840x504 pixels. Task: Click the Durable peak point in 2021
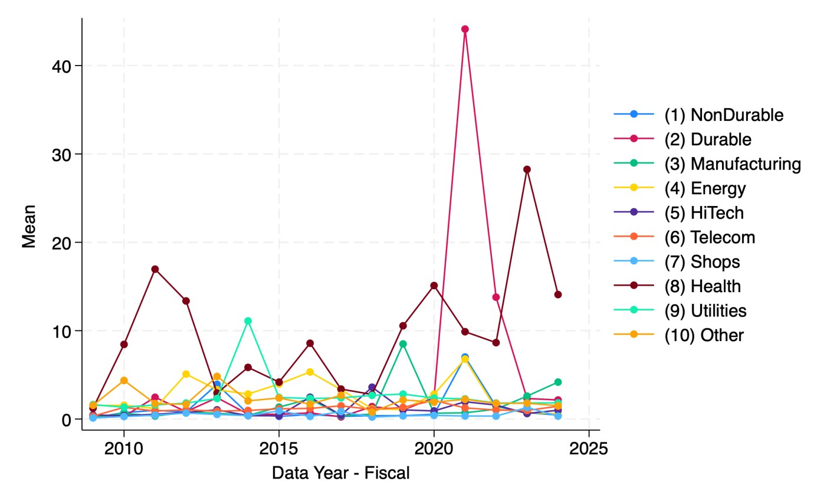[x=465, y=29]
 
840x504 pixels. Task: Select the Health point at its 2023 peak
[x=527, y=169]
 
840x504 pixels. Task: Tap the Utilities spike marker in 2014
[x=248, y=321]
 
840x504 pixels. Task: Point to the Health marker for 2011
[x=155, y=269]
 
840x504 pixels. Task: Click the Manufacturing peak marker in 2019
[x=403, y=344]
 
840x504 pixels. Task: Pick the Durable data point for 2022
[x=496, y=297]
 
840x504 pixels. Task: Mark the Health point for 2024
[x=557, y=294]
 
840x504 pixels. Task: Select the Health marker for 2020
[x=434, y=286]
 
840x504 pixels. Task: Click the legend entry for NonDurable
[x=724, y=115]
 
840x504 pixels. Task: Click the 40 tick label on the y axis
[x=61, y=66]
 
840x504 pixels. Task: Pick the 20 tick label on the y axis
[x=61, y=243]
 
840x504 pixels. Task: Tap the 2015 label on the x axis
[x=279, y=449]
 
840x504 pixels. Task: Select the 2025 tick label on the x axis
[x=589, y=449]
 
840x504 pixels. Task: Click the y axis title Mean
[x=29, y=226]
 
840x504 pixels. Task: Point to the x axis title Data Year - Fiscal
[x=340, y=473]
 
